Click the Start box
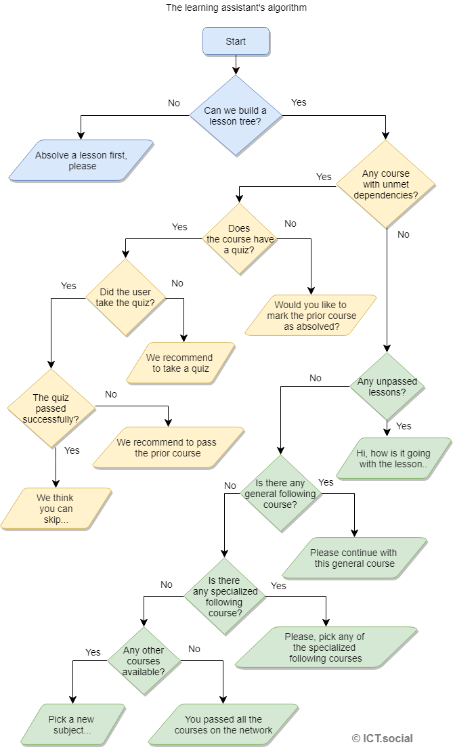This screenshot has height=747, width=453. tap(236, 41)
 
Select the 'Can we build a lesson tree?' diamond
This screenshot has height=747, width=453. tap(236, 116)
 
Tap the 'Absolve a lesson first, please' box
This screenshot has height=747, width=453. tap(81, 161)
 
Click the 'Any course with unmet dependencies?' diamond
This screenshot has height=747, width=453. tap(386, 184)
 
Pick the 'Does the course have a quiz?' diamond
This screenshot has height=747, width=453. tap(240, 239)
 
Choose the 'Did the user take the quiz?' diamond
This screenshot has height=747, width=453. tap(125, 297)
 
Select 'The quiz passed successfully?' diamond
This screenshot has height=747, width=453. tap(51, 408)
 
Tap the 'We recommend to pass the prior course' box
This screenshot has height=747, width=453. tap(167, 448)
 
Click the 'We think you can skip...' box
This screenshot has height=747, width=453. tap(56, 509)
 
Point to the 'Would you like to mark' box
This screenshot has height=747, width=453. tap(310, 316)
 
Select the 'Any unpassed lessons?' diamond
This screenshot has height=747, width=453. tap(387, 387)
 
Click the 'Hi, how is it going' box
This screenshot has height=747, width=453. tap(393, 458)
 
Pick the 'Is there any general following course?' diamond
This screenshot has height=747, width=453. tap(280, 493)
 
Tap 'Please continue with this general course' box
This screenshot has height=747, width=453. tap(355, 558)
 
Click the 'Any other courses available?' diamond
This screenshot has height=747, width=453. tap(143, 661)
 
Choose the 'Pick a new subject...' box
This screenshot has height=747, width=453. tap(72, 724)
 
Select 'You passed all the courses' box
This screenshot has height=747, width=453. tap(223, 724)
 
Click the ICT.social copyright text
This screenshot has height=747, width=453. tap(382, 738)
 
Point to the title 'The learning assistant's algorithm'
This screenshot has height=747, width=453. tap(236, 8)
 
